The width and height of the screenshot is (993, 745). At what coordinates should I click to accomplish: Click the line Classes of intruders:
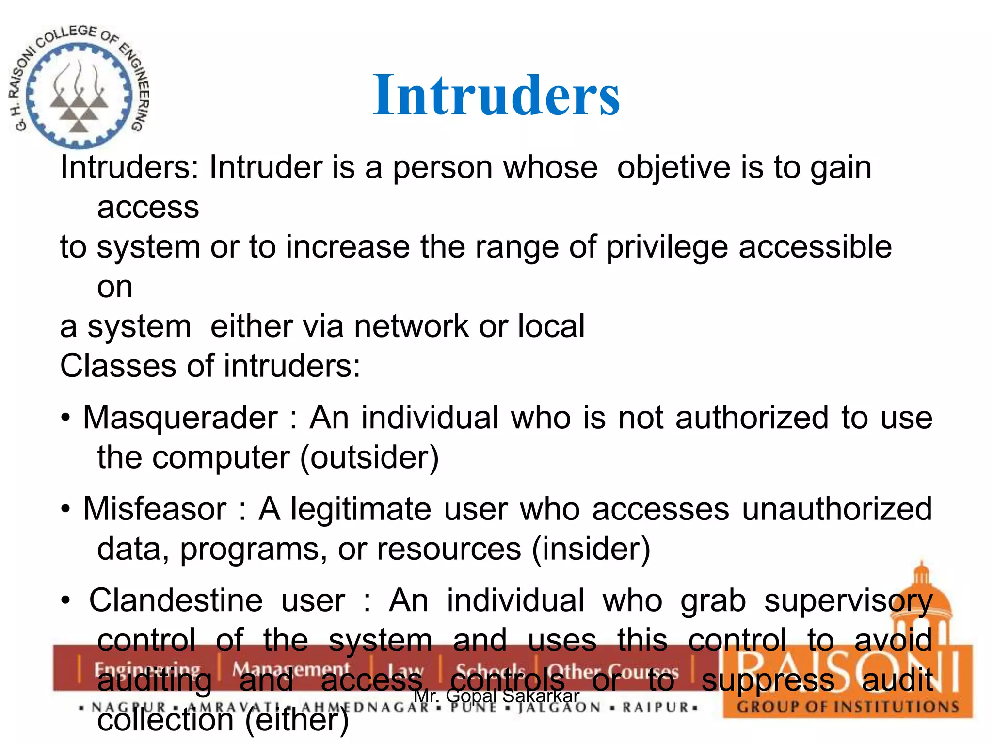point(210,366)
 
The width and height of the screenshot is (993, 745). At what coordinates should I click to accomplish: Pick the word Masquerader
point(180,418)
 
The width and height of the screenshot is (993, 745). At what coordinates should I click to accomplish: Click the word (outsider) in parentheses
point(369,457)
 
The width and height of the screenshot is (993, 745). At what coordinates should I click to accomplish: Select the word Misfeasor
point(155,509)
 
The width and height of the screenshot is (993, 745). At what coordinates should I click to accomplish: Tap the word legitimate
point(361,509)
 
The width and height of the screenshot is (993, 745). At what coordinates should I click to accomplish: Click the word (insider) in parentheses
point(591,549)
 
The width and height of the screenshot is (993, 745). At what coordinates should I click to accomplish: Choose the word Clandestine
point(176,601)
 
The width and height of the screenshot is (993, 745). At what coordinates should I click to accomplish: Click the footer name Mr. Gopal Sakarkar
point(496,696)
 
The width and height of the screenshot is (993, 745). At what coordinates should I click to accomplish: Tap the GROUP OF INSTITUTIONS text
point(848,707)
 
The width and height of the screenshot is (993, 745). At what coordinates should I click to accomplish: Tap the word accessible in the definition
point(815,247)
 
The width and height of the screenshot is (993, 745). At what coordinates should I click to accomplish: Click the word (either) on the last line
point(297,720)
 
